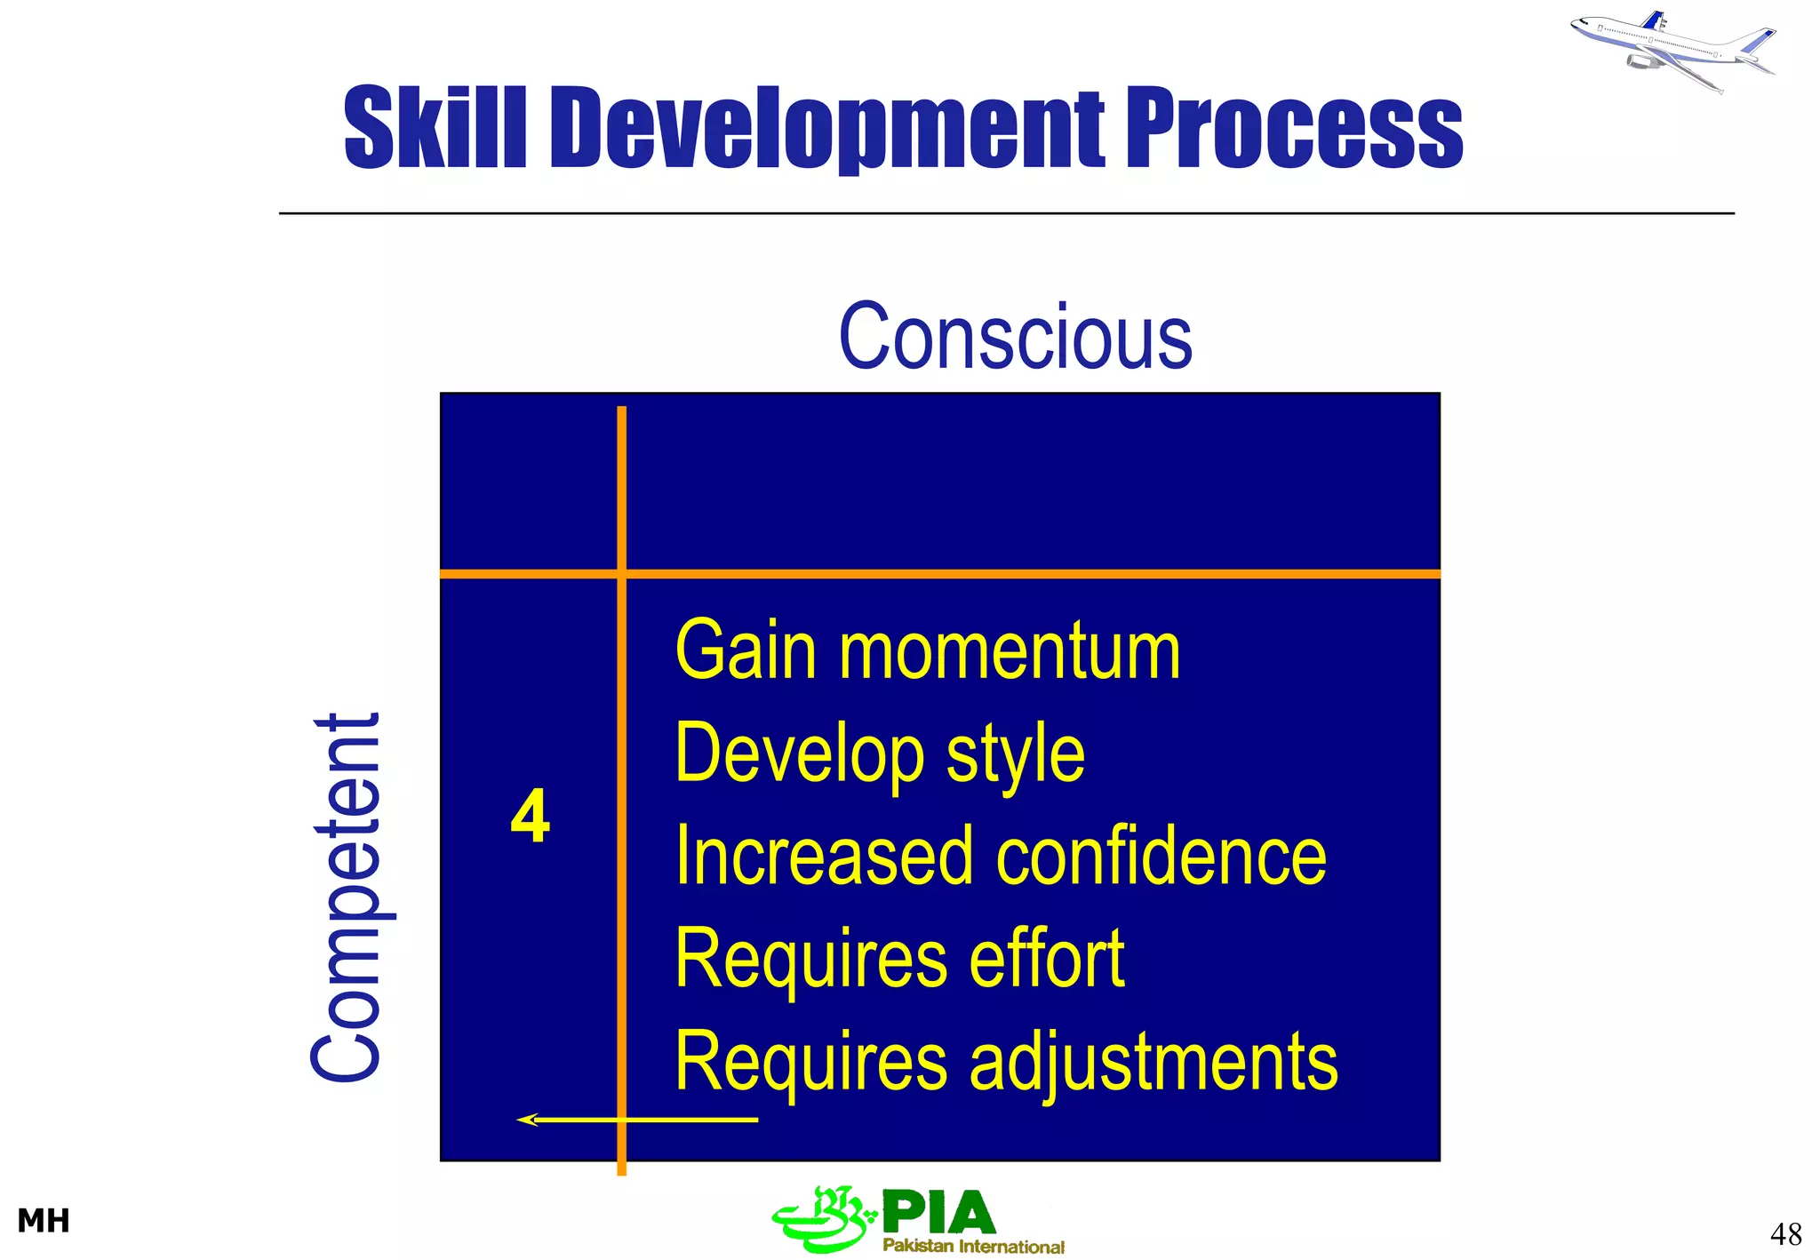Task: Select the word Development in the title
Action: (827, 129)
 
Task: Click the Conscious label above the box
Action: (1015, 337)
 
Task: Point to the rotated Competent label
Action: (348, 897)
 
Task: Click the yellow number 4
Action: (531, 816)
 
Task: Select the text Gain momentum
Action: (928, 651)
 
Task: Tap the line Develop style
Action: (880, 754)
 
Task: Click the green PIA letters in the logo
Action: (939, 1212)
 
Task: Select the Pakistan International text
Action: (973, 1246)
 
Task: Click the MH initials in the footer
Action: (44, 1221)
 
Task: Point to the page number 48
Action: (1785, 1233)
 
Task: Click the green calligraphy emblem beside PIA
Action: (822, 1219)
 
